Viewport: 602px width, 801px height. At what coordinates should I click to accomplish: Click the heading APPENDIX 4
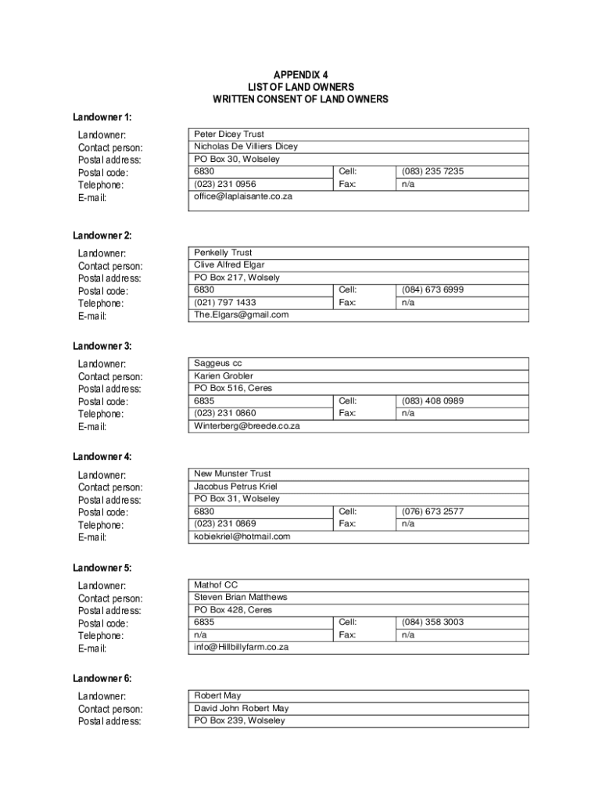tap(301, 74)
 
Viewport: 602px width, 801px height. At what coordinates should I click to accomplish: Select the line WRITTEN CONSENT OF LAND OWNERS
tap(301, 99)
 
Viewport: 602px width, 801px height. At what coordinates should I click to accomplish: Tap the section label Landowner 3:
tap(102, 346)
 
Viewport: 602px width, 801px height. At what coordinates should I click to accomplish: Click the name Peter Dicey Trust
tap(229, 135)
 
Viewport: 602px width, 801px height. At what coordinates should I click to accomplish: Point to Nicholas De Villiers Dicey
tap(245, 147)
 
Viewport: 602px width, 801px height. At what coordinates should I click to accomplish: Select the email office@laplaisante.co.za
tap(243, 196)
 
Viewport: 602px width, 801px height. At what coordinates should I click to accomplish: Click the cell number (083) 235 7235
tap(432, 171)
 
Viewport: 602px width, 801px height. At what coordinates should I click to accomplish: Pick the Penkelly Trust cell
tap(223, 253)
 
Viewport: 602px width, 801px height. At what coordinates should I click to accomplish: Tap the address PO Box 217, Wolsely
tap(236, 278)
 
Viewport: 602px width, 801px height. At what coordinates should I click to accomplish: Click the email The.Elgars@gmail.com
tap(242, 314)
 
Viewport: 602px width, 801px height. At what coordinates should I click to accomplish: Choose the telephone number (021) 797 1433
tap(225, 302)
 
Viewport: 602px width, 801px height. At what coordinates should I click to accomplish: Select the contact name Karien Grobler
tap(224, 376)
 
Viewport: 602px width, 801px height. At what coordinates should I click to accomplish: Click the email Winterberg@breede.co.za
tap(247, 426)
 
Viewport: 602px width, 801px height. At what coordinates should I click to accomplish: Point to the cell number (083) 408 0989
tap(432, 400)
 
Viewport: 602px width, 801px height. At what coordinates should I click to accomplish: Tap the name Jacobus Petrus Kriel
tap(236, 487)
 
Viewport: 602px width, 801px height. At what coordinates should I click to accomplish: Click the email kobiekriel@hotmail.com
tap(242, 537)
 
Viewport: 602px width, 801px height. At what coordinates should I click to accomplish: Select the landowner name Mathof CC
tap(216, 585)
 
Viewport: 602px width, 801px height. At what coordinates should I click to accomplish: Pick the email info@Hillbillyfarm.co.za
tap(242, 648)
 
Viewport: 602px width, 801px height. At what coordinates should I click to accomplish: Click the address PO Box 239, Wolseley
tap(239, 720)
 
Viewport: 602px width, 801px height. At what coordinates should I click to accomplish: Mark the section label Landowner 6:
tap(102, 678)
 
